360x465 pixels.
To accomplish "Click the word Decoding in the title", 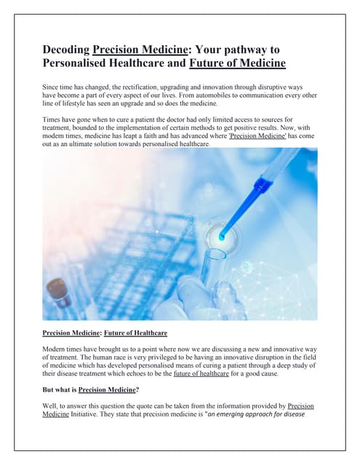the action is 66,49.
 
